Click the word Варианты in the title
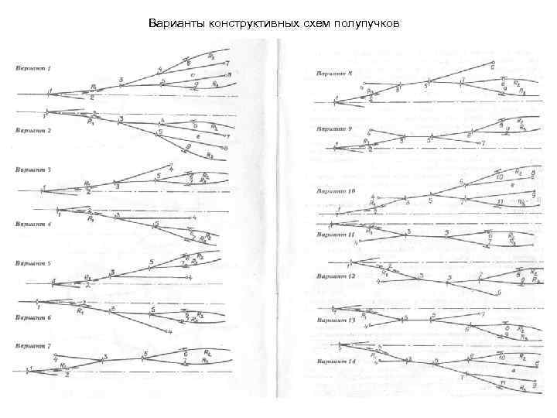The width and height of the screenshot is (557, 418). click(175, 25)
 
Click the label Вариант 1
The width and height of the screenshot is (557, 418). click(33, 68)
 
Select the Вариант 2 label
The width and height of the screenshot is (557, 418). click(33, 131)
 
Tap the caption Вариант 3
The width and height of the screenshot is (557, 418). click(33, 169)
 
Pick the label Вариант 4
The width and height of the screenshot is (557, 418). click(33, 224)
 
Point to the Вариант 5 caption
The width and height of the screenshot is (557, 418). click(33, 263)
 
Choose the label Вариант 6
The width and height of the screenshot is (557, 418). click(33, 317)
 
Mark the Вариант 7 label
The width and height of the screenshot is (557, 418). click(33, 345)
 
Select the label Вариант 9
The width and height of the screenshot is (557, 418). click(333, 128)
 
